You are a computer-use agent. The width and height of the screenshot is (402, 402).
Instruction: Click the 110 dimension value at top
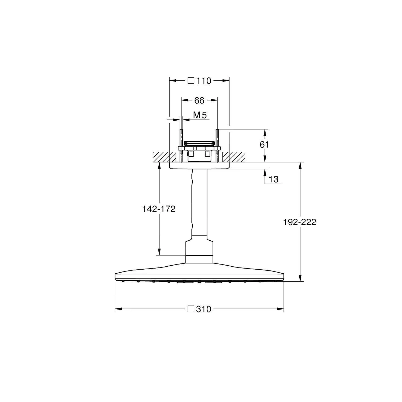click(204, 81)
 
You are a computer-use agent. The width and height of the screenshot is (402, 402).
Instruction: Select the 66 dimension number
click(199, 100)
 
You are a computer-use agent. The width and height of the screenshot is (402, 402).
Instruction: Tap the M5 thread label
click(200, 115)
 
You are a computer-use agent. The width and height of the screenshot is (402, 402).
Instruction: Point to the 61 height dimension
click(264, 145)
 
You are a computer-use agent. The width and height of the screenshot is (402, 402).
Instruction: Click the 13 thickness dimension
click(273, 179)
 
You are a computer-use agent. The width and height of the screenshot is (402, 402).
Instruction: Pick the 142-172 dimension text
click(159, 209)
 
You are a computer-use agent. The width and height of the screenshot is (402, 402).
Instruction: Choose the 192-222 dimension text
click(300, 222)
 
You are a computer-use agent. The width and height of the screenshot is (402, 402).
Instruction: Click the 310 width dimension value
click(204, 309)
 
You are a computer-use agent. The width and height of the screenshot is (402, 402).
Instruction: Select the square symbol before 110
click(191, 81)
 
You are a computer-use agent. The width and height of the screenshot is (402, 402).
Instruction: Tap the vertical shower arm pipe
click(199, 204)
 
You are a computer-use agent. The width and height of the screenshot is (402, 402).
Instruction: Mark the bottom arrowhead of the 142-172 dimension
click(159, 252)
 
